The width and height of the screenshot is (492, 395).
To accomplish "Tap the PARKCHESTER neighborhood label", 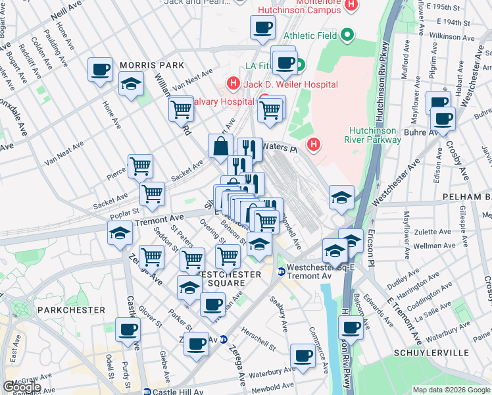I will click(71, 309).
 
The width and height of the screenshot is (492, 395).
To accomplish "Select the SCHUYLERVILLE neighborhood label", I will click(449, 353).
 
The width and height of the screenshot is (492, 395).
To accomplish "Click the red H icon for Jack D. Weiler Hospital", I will click(232, 84).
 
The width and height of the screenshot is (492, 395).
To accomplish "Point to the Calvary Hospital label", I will click(222, 101).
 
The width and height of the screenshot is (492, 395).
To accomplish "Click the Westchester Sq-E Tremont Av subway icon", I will click(282, 271).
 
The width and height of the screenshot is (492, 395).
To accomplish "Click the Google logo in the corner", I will click(22, 387).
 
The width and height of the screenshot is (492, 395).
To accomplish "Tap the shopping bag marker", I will click(220, 146).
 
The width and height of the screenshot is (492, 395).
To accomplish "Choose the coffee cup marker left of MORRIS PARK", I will click(101, 69).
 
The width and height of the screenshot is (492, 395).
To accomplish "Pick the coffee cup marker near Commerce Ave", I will click(303, 355).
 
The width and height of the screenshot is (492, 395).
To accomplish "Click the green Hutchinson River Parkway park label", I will click(372, 134).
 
